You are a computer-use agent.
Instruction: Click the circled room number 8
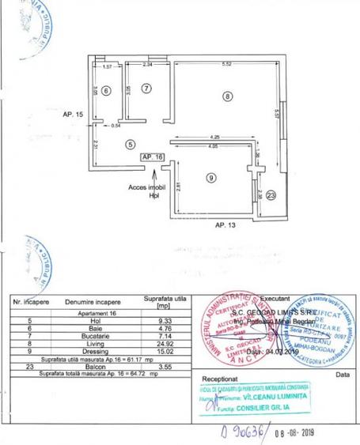click(x=227, y=97)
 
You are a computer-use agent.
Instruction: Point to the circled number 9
click(x=210, y=179)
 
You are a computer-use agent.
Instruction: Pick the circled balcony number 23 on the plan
click(x=271, y=195)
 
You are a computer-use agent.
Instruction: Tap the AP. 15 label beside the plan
click(x=73, y=115)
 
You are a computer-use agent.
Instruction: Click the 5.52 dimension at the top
click(x=225, y=64)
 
